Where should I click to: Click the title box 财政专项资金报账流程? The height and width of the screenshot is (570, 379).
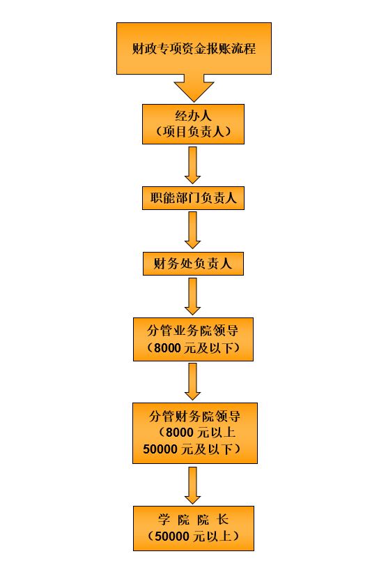(x=194, y=48)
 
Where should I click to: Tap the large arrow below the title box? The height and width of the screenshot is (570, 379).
(x=194, y=88)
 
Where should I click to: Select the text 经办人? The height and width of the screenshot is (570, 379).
(x=193, y=116)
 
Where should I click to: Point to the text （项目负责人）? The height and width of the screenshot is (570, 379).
(x=193, y=131)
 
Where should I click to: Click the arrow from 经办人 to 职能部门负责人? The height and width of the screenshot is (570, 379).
(x=193, y=165)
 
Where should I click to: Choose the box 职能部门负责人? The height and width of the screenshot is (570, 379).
(x=193, y=198)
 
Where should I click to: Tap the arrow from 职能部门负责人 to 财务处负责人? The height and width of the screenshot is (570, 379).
(x=193, y=230)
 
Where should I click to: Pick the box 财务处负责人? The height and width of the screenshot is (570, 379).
(x=193, y=264)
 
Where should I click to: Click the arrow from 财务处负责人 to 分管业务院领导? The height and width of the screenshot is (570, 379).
(x=193, y=297)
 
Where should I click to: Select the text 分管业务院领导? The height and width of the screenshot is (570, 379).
(x=193, y=331)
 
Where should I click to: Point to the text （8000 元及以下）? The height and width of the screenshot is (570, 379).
(x=193, y=348)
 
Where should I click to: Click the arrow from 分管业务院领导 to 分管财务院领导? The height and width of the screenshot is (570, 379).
(x=193, y=382)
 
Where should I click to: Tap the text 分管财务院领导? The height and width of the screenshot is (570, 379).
(x=194, y=417)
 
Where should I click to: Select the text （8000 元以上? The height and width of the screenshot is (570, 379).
(x=196, y=433)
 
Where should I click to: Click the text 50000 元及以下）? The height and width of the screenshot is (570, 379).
(x=192, y=449)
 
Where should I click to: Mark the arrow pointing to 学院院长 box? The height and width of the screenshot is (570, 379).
(x=193, y=486)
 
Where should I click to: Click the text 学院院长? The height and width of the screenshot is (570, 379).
(x=193, y=520)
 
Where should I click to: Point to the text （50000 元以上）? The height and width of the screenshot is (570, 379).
(x=194, y=537)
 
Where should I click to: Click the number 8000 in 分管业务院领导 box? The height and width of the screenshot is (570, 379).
(x=167, y=348)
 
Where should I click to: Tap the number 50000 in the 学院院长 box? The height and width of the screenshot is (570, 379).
(x=172, y=537)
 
